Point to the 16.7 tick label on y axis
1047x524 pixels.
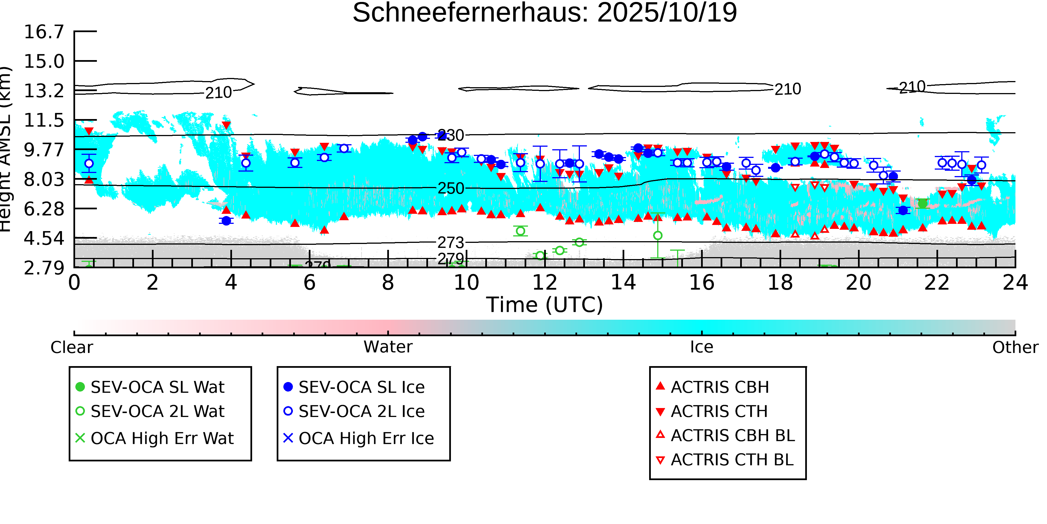click(44, 32)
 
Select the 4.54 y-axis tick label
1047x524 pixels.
click(44, 238)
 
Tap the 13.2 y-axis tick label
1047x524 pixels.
click(44, 91)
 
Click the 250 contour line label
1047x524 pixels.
click(450, 188)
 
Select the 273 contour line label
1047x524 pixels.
click(450, 243)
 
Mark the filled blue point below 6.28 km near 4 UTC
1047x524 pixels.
click(226, 221)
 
